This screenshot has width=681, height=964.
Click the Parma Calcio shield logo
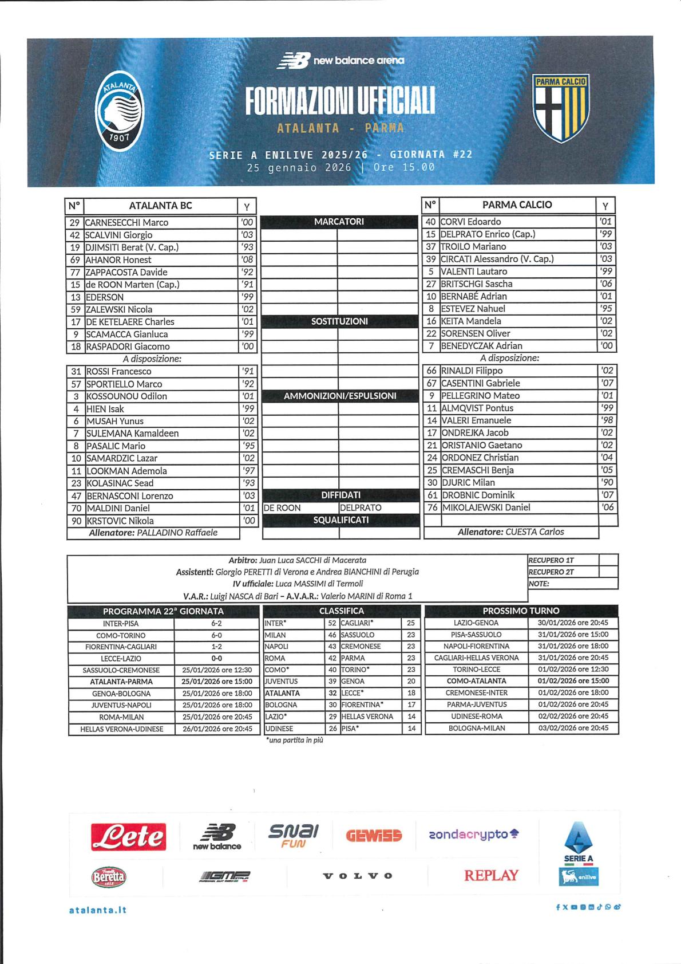561,108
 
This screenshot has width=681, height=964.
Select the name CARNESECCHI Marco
126,222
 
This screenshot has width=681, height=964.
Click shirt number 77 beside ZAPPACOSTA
75,272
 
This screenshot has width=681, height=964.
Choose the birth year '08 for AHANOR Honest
247,259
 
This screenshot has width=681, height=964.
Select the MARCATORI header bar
339,222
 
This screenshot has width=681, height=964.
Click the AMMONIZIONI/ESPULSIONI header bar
340,396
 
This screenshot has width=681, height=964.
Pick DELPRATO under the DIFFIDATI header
361,507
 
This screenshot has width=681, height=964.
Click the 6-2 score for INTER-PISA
216,623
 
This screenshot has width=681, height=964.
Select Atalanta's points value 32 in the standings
332,693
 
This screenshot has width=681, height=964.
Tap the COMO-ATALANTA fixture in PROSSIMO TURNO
476,681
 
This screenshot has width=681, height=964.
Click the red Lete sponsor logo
129,837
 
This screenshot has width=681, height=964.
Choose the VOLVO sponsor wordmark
358,876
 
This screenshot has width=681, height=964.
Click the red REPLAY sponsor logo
491,875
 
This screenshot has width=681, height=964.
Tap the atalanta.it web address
97,910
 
